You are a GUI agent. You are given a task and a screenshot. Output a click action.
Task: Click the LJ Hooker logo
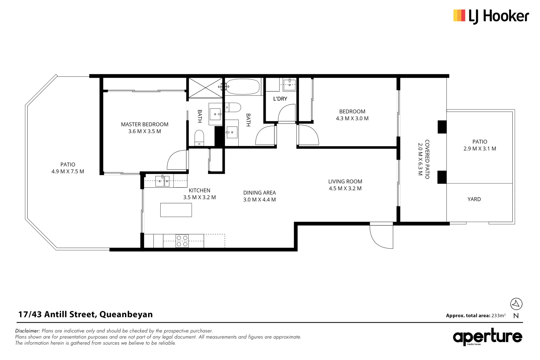(491, 16)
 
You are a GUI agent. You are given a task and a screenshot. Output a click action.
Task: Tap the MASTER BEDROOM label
(145, 124)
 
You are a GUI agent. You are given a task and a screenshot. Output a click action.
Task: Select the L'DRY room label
(280, 99)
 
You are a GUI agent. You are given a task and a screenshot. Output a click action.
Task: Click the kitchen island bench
(176, 210)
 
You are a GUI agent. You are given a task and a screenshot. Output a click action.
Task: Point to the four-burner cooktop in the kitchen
(182, 241)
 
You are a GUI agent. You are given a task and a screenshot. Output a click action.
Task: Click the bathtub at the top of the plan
(243, 87)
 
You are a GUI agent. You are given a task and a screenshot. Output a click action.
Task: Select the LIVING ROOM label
(345, 181)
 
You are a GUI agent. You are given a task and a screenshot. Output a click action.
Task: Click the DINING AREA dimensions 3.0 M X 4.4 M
(259, 200)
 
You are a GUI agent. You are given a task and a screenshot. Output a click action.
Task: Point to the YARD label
(474, 199)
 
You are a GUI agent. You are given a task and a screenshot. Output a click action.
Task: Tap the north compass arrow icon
(516, 304)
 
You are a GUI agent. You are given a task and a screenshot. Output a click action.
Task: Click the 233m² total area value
(498, 315)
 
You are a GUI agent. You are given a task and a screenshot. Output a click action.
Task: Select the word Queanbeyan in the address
(126, 314)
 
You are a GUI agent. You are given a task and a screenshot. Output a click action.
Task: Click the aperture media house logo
(487, 337)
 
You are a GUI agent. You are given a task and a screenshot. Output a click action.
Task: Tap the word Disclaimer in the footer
(27, 331)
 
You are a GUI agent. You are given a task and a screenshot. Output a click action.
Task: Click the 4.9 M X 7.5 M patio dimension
(68, 171)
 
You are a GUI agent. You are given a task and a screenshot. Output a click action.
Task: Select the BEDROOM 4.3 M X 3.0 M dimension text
(352, 118)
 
